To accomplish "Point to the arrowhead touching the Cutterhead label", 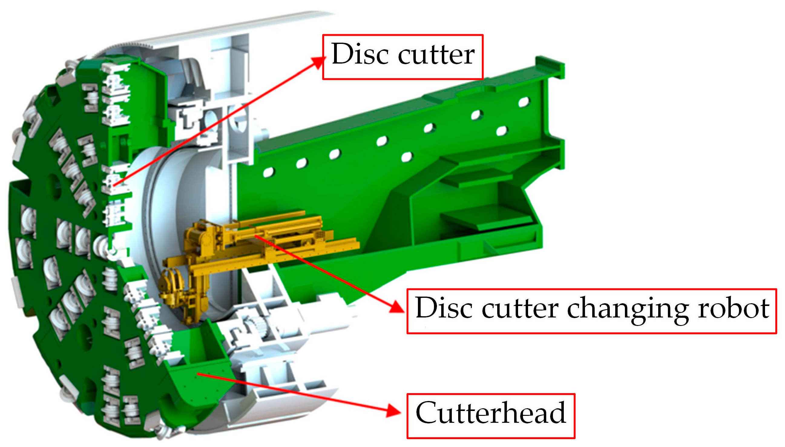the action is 395,410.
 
